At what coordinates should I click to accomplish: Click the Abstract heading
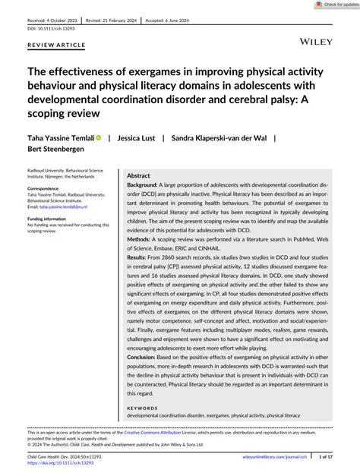[140, 175]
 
